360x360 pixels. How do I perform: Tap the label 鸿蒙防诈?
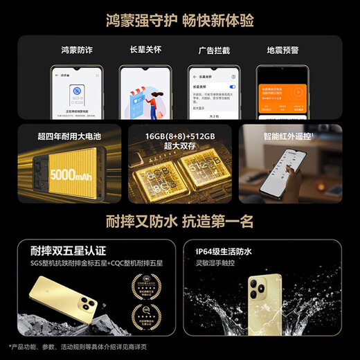tap(77, 51)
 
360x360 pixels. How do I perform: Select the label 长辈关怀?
tap(145, 51)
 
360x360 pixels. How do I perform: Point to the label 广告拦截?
tap(214, 51)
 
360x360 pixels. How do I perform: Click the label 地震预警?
tap(282, 51)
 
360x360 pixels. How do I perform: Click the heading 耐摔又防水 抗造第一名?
tap(180, 222)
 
